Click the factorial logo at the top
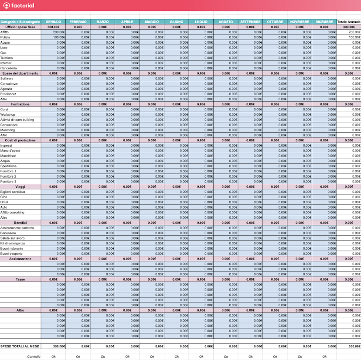pyautogui.click(x=18, y=6)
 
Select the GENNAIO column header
pyautogui.click(x=53, y=22)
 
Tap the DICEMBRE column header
pyautogui.click(x=324, y=22)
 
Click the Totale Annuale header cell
pyautogui.click(x=349, y=22)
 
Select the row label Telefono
pyautogui.click(x=7, y=58)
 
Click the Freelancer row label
pyautogui.click(x=8, y=94)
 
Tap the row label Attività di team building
pyautogui.click(x=17, y=120)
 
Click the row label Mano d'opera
pyautogui.click(x=10, y=151)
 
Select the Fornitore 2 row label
pyautogui.click(x=8, y=176)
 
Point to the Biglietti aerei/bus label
pyautogui.click(x=13, y=192)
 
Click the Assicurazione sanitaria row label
pyautogui.click(x=17, y=228)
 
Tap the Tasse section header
pyautogui.click(x=20, y=279)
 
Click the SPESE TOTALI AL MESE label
pyautogui.click(x=20, y=346)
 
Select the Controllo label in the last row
pyautogui.click(x=34, y=357)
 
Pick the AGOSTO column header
pyautogui.click(x=226, y=22)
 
